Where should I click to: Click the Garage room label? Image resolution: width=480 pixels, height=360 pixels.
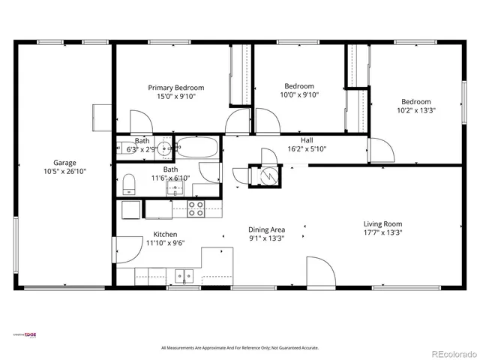click(64, 162)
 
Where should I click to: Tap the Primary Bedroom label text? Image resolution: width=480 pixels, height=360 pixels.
click(175, 88)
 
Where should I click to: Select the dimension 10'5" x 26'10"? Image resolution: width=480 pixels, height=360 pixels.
click(64, 171)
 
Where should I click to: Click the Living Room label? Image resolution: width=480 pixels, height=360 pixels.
click(382, 223)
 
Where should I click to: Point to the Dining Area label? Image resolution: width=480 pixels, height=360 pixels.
click(266, 229)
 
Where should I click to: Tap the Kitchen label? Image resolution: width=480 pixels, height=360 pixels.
click(165, 234)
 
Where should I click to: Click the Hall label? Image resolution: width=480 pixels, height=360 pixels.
click(307, 139)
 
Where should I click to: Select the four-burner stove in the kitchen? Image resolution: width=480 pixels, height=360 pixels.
click(196, 209)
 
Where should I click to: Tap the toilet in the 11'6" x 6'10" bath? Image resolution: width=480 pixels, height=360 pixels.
click(128, 184)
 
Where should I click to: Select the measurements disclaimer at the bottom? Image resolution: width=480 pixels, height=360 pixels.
click(240, 348)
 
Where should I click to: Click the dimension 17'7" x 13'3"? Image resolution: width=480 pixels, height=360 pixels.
click(382, 232)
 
